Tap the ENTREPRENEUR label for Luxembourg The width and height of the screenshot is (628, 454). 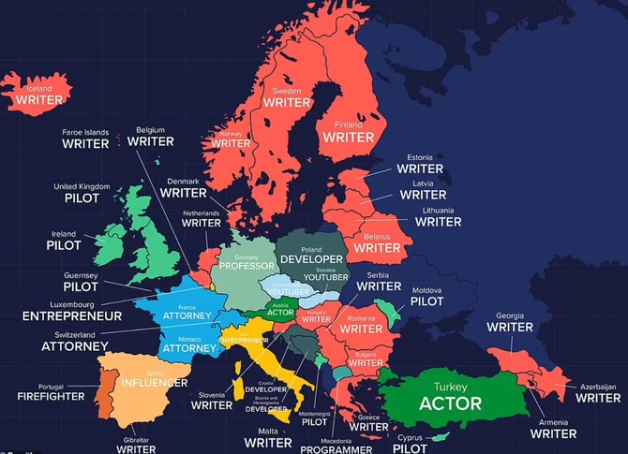(73, 316)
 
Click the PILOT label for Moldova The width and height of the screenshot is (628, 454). (426, 300)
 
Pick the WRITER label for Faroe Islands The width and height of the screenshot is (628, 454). (85, 144)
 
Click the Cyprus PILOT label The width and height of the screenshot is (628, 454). (410, 448)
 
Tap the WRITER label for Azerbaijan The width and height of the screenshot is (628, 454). (597, 398)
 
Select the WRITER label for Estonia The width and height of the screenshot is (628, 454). (419, 168)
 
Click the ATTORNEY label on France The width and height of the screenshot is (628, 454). (186, 316)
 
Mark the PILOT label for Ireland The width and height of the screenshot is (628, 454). (64, 245)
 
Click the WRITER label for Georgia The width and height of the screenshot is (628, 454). (510, 328)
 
